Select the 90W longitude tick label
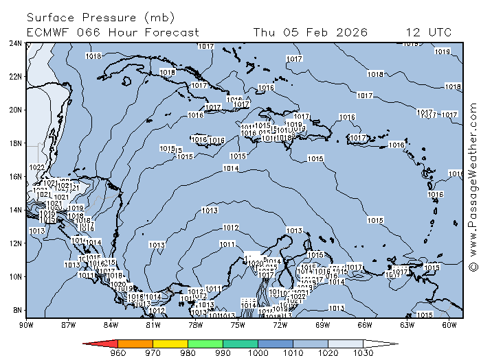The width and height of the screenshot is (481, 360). pyautogui.click(x=27, y=324)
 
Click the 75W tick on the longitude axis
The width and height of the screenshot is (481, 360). pyautogui.click(x=238, y=324)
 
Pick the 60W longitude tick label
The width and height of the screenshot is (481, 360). pyautogui.click(x=449, y=324)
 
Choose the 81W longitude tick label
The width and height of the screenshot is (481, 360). pyautogui.click(x=153, y=324)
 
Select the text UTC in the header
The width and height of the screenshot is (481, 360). pyautogui.click(x=439, y=32)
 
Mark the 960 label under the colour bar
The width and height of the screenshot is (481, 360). pyautogui.click(x=118, y=353)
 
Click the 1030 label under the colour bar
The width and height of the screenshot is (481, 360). pyautogui.click(x=363, y=353)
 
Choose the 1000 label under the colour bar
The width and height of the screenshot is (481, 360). pyautogui.click(x=258, y=353)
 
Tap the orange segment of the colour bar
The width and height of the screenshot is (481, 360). pyautogui.click(x=135, y=343)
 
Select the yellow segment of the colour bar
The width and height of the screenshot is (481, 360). pyautogui.click(x=170, y=343)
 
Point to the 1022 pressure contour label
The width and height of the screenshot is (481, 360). pyautogui.click(x=37, y=167)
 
